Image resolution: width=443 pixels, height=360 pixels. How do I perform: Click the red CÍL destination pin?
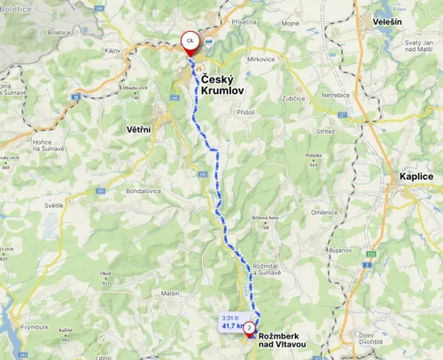[x=190, y=42]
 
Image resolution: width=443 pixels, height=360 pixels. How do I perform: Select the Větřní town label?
[x=130, y=130]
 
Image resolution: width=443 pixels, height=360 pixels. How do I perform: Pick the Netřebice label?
[x=338, y=92]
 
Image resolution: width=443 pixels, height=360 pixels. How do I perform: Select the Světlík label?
[x=52, y=206]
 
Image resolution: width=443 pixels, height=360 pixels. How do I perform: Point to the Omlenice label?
[x=324, y=212]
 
